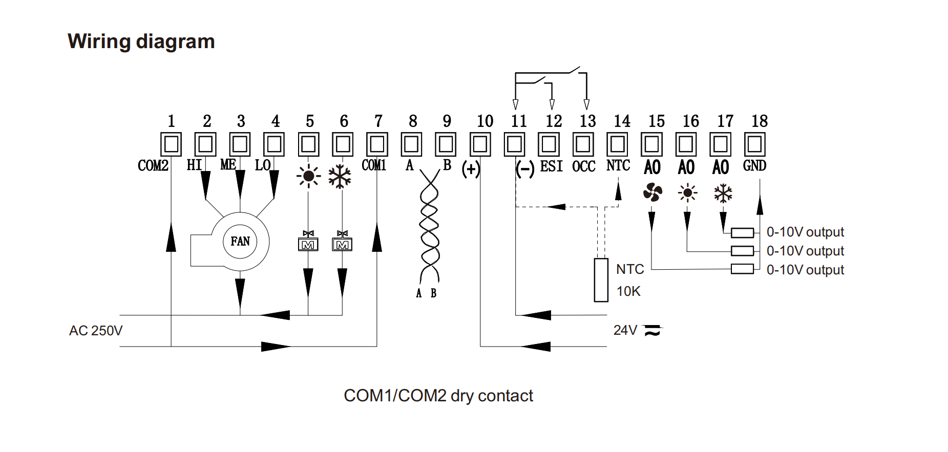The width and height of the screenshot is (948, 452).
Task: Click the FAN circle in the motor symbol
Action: tap(240, 241)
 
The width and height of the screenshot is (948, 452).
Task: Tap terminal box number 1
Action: tap(171, 144)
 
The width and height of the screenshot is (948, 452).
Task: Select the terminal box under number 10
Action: tap(480, 144)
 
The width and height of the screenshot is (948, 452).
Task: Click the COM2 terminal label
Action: tap(153, 165)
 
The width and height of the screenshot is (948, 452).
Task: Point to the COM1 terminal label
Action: tap(374, 165)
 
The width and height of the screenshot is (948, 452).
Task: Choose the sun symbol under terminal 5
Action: tap(308, 177)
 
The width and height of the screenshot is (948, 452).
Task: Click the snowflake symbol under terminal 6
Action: tap(340, 177)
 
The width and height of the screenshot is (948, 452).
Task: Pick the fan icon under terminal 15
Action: tap(652, 193)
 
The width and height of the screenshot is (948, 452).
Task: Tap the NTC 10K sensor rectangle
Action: tap(601, 280)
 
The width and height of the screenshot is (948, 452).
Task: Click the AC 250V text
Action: tap(96, 331)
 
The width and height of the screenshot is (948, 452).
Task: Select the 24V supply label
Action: tap(625, 330)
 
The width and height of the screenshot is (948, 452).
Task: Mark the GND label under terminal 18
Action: tap(754, 166)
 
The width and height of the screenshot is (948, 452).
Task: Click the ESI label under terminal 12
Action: tap(551, 166)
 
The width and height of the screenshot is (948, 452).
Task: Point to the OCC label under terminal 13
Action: tap(584, 166)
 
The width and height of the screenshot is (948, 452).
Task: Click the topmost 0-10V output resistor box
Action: tap(742, 233)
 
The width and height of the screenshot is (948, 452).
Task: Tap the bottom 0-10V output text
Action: tap(805, 270)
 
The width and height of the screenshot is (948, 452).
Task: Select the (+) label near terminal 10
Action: tap(471, 168)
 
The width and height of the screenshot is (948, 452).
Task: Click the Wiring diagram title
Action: tap(141, 41)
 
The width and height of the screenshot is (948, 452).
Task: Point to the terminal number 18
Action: tap(759, 121)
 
